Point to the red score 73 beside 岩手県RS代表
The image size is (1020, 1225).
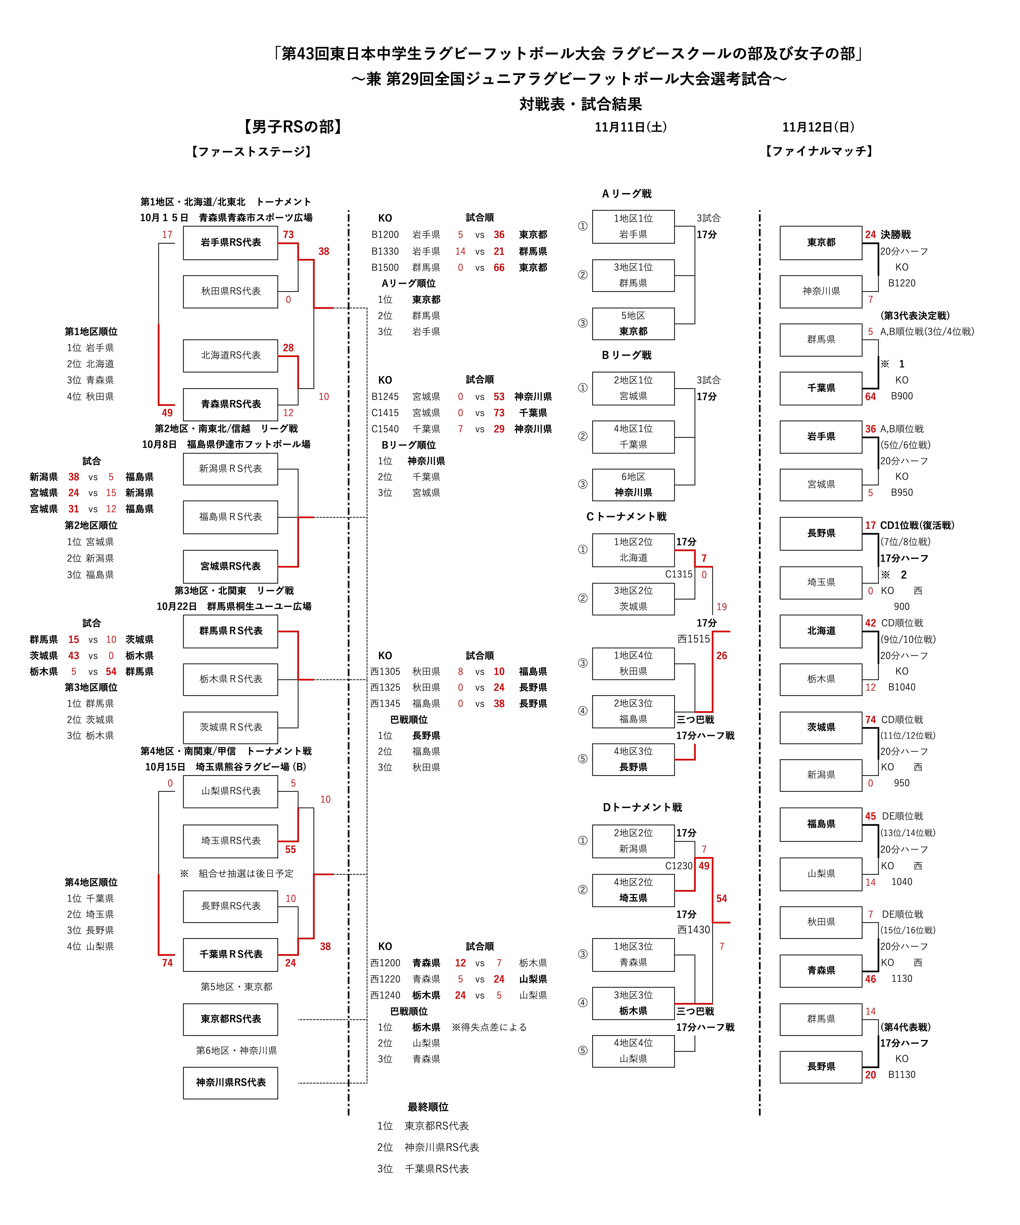point(288,235)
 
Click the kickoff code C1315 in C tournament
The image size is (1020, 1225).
point(679,575)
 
